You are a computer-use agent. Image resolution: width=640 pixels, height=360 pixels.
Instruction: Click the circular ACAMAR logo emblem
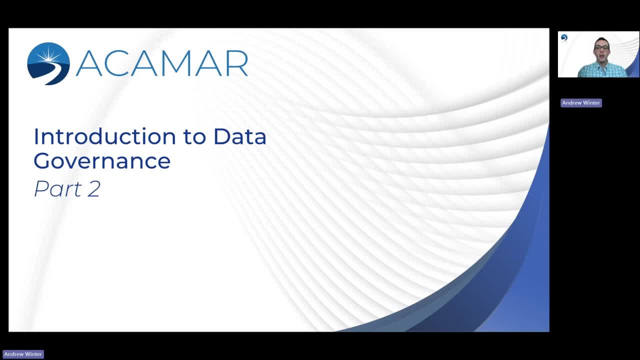tap(48, 63)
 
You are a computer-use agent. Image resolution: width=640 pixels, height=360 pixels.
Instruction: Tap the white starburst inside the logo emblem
tap(49, 55)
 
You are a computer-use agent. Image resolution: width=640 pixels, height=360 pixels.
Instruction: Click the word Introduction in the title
tap(104, 136)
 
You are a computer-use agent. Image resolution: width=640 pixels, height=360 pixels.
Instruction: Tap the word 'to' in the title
tap(194, 137)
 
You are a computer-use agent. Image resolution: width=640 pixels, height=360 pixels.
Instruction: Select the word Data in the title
tap(240, 136)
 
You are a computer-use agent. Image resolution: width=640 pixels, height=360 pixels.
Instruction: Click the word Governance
tap(102, 161)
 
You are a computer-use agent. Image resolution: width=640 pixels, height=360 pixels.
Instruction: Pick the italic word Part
tap(58, 188)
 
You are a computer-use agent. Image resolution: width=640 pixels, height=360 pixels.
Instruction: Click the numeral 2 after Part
tap(94, 188)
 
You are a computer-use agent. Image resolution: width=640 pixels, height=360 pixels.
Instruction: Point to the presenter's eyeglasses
tap(601, 48)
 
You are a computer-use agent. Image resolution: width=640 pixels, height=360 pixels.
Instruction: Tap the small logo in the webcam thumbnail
tap(564, 37)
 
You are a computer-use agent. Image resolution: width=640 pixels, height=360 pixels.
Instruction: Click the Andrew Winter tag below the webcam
tap(581, 103)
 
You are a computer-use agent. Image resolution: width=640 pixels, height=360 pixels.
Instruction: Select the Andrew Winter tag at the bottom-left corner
tap(23, 354)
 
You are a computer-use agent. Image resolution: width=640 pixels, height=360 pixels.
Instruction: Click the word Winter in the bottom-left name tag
tap(33, 354)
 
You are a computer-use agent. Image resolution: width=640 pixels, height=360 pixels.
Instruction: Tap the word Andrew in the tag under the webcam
tap(571, 103)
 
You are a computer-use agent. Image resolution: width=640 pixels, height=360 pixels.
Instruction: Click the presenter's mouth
tap(601, 56)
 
